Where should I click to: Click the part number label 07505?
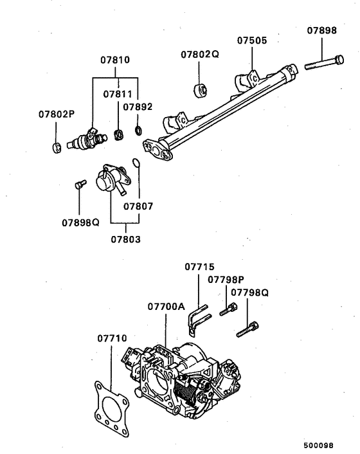pyautogui.click(x=251, y=40)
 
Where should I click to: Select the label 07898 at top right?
pyautogui.click(x=321, y=30)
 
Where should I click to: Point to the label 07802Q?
pyautogui.click(x=200, y=54)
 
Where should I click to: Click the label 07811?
pyautogui.click(x=118, y=94)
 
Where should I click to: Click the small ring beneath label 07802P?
pyautogui.click(x=56, y=146)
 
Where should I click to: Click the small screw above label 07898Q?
pyautogui.click(x=79, y=185)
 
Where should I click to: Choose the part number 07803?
pyautogui.click(x=125, y=239)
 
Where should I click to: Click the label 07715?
pyautogui.click(x=200, y=266)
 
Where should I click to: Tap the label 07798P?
pyautogui.click(x=226, y=279)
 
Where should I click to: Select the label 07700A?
pyautogui.click(x=166, y=306)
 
